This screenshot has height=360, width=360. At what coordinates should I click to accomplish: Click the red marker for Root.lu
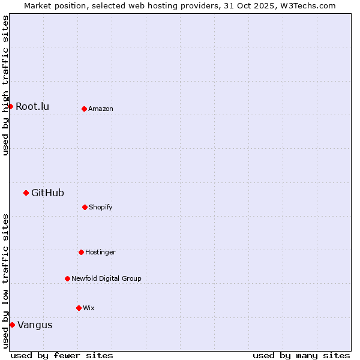[x=10, y=106]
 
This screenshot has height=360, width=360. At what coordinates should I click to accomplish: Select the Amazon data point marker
[x=84, y=109]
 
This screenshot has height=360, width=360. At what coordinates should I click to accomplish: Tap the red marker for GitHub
[x=26, y=193]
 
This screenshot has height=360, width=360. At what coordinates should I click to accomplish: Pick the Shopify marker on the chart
[x=85, y=207]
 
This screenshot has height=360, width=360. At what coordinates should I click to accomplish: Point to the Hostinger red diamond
[x=81, y=252]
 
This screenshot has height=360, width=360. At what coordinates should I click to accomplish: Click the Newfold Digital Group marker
[x=67, y=278]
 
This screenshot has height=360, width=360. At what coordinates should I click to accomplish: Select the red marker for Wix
[x=79, y=308]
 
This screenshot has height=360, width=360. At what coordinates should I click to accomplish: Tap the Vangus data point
[x=12, y=325]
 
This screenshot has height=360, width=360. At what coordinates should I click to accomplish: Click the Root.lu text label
[x=32, y=107]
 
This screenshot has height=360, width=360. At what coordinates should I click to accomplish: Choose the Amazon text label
[x=101, y=109]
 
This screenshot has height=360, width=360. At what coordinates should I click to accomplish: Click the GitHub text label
[x=47, y=193]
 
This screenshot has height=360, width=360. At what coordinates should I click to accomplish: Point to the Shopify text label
[x=101, y=207]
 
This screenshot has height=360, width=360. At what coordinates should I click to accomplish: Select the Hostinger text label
[x=100, y=252]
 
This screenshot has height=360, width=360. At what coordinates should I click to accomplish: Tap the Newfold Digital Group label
[x=106, y=278]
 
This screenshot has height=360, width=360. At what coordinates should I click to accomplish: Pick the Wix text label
[x=89, y=308]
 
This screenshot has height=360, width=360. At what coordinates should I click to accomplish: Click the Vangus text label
[x=35, y=325]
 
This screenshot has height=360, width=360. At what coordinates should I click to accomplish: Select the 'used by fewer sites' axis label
[x=62, y=355]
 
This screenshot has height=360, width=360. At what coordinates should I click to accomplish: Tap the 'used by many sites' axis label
[x=301, y=355]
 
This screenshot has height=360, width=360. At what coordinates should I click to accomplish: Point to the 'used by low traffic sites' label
[x=5, y=281]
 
